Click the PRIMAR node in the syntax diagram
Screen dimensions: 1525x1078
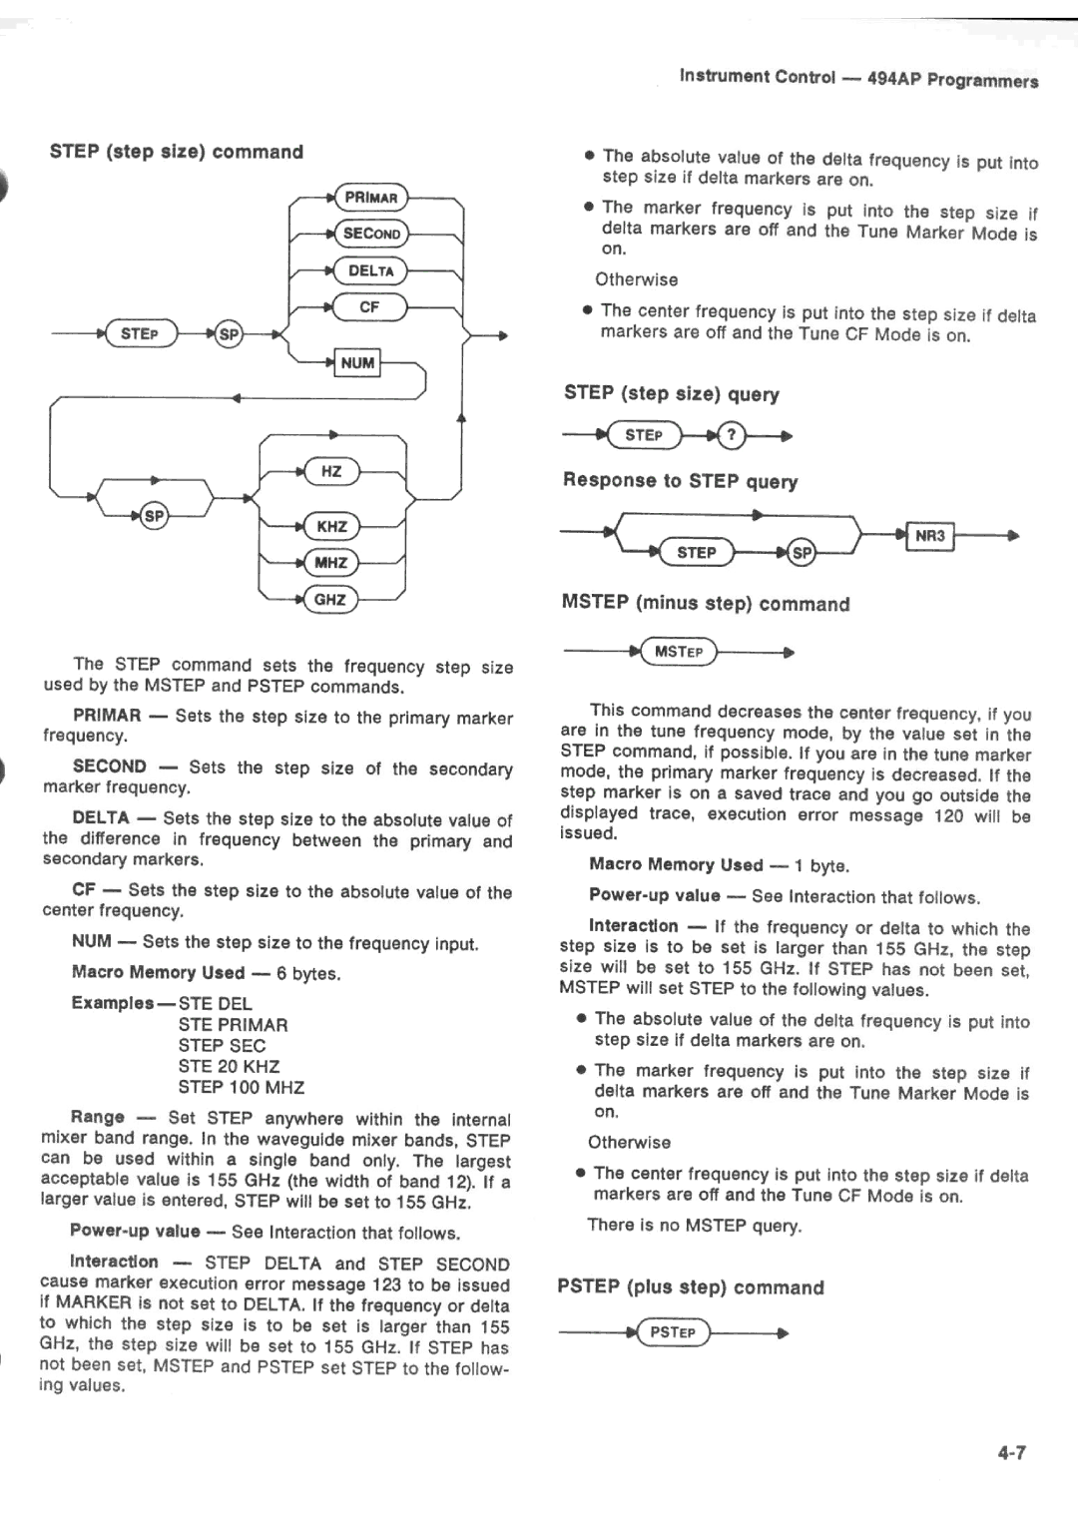coord(371,198)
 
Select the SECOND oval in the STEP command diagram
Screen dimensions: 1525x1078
coord(371,234)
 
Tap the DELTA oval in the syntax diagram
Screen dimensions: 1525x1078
coord(371,270)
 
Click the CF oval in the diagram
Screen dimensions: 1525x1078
coord(369,307)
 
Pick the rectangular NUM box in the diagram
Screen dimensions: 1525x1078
coord(357,363)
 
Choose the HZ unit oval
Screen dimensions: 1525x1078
coord(331,471)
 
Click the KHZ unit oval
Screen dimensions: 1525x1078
coord(331,526)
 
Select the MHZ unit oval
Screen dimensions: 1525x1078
coord(330,563)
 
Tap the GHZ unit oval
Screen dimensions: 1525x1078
coord(330,600)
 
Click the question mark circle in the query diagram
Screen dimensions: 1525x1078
coord(732,435)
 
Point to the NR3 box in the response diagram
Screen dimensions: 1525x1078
coord(929,537)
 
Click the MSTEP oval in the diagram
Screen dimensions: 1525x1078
coord(679,653)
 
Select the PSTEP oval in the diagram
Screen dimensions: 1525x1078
coord(673,1332)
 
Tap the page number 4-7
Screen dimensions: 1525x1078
coord(1011,1453)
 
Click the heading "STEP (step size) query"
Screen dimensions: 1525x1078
coord(671,393)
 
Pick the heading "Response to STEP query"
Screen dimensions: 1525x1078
coord(680,481)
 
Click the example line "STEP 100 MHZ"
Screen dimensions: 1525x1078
coord(242,1087)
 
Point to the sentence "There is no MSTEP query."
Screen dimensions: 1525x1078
coord(695,1225)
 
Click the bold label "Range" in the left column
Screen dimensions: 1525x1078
coord(98,1117)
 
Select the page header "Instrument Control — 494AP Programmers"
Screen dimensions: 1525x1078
coord(858,79)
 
